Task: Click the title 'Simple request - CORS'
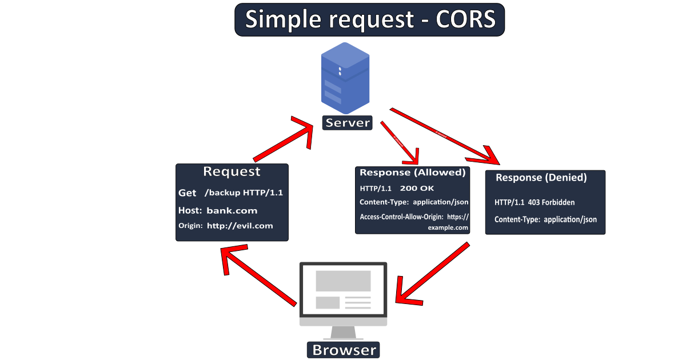click(369, 19)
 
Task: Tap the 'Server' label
click(347, 123)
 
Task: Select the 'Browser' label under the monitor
click(344, 349)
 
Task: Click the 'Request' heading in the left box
click(232, 171)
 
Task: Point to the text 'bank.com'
click(232, 210)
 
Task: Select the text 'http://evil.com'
click(240, 226)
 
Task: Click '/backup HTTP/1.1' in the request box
click(244, 193)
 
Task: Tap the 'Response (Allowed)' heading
click(412, 172)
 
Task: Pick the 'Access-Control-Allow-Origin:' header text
click(401, 217)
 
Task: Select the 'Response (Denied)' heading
click(541, 178)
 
